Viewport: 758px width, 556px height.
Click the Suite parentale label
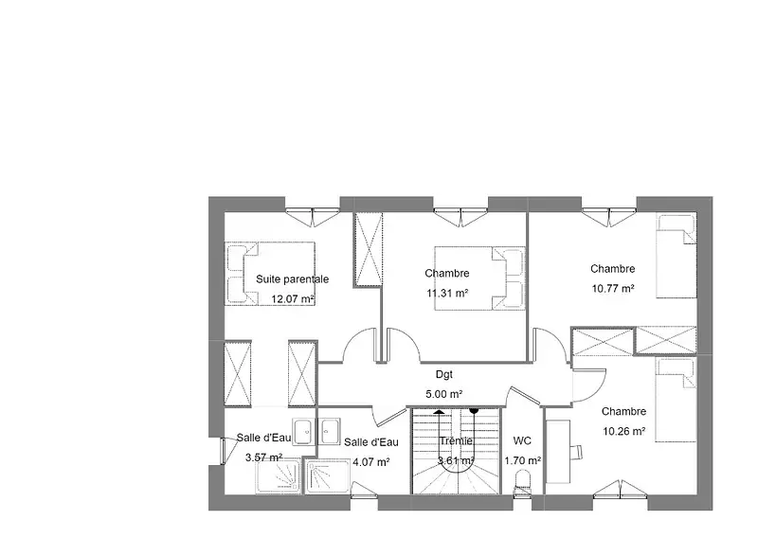pyautogui.click(x=292, y=279)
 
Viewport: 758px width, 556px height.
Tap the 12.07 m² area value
pyautogui.click(x=293, y=299)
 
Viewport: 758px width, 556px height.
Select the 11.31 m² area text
pyautogui.click(x=447, y=293)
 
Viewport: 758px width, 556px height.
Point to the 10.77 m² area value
pyautogui.click(x=613, y=288)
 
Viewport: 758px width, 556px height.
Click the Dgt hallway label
pyautogui.click(x=444, y=374)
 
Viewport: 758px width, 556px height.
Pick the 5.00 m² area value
pyautogui.click(x=444, y=394)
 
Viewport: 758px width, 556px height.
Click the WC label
pyautogui.click(x=522, y=440)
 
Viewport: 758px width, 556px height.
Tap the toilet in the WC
pyautogui.click(x=523, y=482)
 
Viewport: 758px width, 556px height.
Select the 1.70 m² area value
pyautogui.click(x=523, y=461)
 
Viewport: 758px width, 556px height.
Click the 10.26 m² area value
pyautogui.click(x=624, y=431)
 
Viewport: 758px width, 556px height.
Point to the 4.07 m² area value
pyautogui.click(x=371, y=462)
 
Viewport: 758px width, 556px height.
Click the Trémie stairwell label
pyautogui.click(x=456, y=440)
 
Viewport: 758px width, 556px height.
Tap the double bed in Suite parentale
pyautogui.click(x=270, y=273)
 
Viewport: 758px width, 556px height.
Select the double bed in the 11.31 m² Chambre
pyautogui.click(x=479, y=278)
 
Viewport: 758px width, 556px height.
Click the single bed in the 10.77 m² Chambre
pyautogui.click(x=676, y=256)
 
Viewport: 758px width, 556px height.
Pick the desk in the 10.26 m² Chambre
pyautogui.click(x=558, y=451)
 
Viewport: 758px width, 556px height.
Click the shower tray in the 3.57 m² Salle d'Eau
pyautogui.click(x=278, y=476)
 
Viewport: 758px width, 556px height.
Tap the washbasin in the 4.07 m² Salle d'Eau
pyautogui.click(x=330, y=431)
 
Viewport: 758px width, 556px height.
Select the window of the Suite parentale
pyautogui.click(x=313, y=217)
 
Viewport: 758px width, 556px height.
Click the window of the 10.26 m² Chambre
pyautogui.click(x=621, y=489)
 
